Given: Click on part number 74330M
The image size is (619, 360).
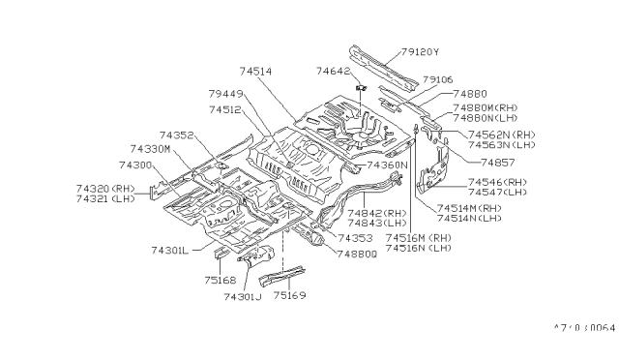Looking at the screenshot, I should coord(150,150).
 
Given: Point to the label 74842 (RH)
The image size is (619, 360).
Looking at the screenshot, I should coord(370,213).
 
